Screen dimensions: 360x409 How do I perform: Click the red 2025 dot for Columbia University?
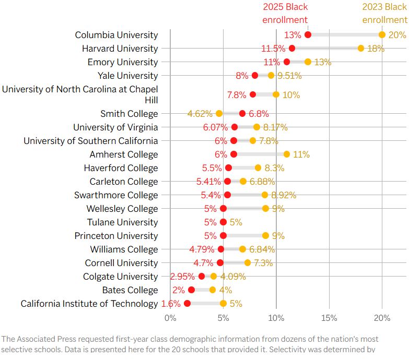308,34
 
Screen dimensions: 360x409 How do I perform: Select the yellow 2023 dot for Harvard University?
361,48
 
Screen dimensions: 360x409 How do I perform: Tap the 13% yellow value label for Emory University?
323,62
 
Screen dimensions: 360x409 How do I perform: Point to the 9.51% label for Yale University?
289,76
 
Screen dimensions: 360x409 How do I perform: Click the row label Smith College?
129,114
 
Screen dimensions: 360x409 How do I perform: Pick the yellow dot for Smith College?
219,113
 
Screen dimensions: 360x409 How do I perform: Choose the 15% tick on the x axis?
329,318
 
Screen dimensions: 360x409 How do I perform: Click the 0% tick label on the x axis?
170,318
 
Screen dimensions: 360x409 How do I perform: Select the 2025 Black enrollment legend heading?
285,13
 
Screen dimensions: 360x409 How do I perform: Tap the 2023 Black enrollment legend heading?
385,13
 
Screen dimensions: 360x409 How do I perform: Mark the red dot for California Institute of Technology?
187,303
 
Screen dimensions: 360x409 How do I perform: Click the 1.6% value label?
171,304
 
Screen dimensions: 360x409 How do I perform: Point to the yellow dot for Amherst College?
287,154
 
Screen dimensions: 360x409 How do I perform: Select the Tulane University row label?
122,222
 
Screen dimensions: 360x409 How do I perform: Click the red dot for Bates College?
191,290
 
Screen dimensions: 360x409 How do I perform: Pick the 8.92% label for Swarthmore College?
284,195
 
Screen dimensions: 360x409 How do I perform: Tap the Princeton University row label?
116,236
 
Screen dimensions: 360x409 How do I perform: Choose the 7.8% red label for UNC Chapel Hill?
237,95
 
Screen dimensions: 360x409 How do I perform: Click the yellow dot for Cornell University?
248,262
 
